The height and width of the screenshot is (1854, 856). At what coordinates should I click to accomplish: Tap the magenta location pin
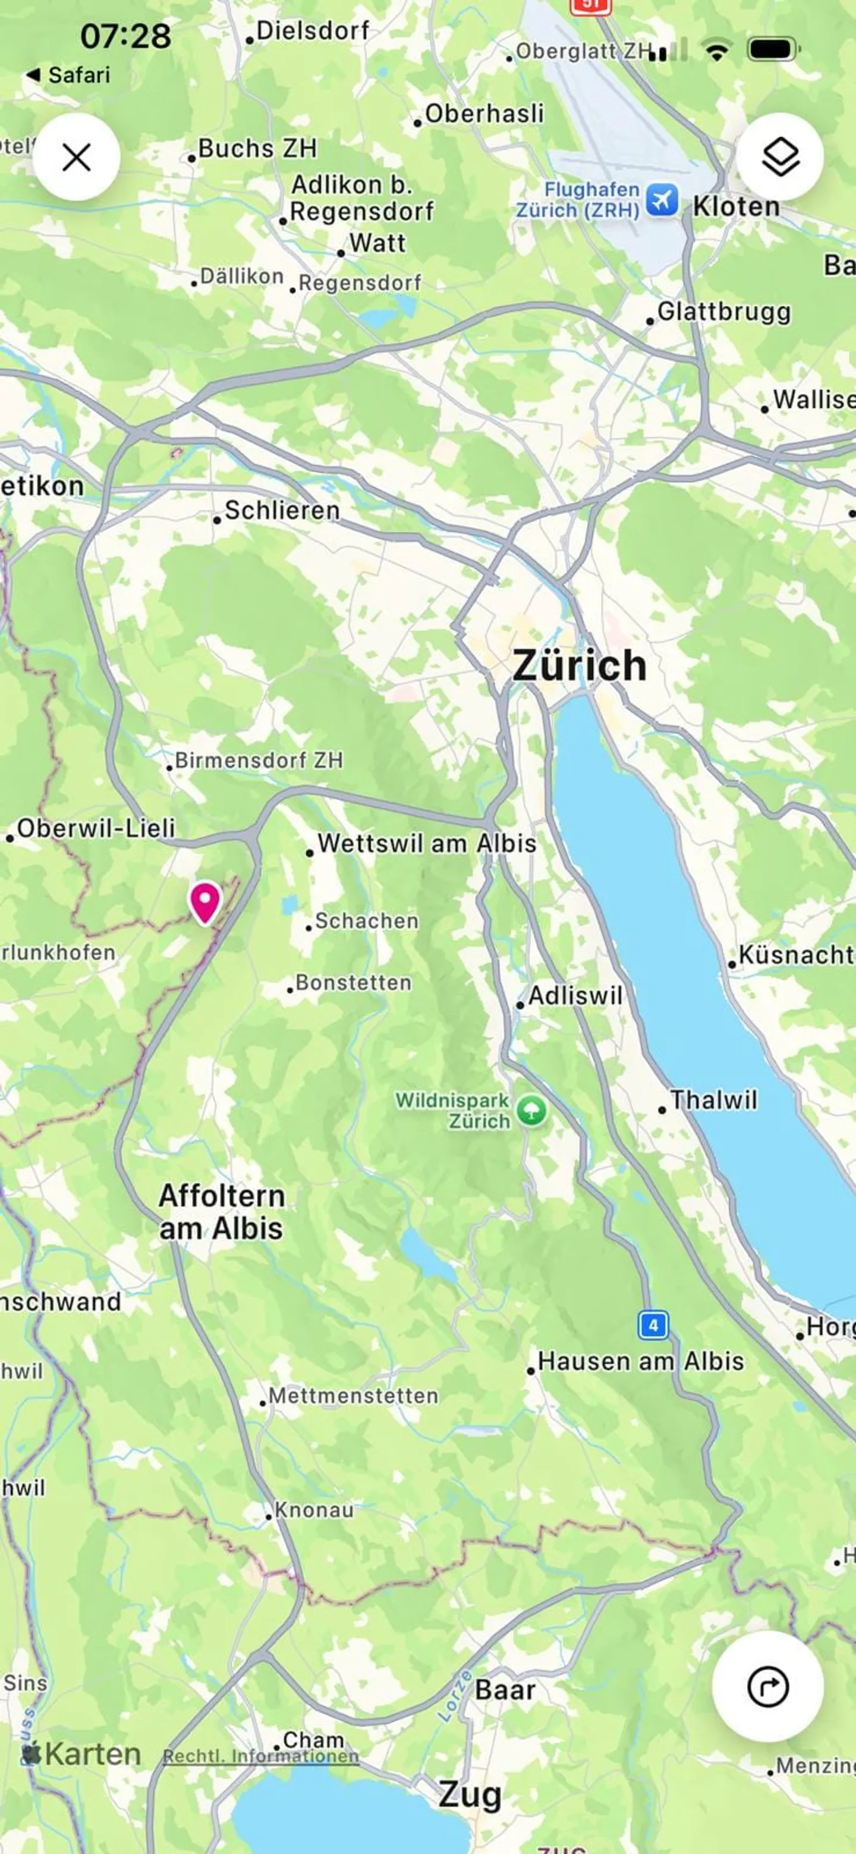tap(204, 900)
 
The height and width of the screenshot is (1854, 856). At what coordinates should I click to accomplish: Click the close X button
tap(76, 157)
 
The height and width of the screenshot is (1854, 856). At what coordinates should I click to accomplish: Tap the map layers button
tap(780, 157)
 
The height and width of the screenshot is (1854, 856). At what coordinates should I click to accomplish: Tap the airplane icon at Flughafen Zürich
tap(661, 199)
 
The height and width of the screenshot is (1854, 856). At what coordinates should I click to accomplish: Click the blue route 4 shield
tap(653, 1325)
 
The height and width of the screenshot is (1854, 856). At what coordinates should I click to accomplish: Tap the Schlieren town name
tap(281, 510)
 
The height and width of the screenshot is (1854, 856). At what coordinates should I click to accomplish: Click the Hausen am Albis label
tap(640, 1362)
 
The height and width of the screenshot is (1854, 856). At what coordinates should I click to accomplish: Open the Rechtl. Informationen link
tap(260, 1756)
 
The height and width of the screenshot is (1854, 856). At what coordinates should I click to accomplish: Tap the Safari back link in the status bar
tap(68, 75)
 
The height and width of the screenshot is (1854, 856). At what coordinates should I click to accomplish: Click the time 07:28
tap(125, 36)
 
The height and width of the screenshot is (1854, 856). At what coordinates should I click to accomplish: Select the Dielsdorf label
tap(312, 31)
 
